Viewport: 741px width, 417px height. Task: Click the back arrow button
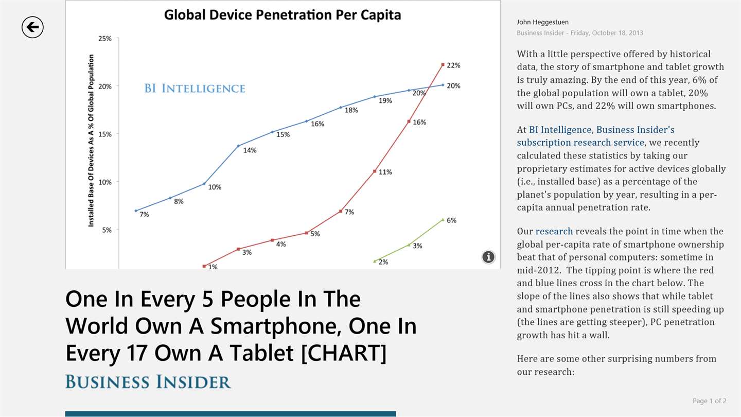click(32, 27)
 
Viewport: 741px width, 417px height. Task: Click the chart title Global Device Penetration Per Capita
click(282, 15)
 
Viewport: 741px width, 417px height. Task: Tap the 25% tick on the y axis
click(105, 39)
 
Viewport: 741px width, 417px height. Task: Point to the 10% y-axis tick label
click(105, 182)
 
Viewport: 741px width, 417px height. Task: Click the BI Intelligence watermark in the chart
click(195, 89)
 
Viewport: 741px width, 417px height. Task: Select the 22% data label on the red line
click(453, 65)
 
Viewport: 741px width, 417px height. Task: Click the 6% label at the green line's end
click(451, 220)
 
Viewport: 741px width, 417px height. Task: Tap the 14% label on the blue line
click(250, 150)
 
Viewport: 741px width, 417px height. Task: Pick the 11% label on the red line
click(385, 172)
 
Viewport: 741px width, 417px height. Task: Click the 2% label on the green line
click(383, 262)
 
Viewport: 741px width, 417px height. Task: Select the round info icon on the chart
click(488, 257)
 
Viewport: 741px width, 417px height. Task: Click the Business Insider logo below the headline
click(148, 382)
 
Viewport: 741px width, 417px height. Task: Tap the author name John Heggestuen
click(542, 22)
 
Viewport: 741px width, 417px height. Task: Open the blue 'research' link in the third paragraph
click(554, 231)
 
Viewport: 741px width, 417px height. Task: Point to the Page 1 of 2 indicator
click(709, 401)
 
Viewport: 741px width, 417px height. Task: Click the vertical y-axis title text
click(91, 140)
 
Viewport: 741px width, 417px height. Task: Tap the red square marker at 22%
click(443, 65)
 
